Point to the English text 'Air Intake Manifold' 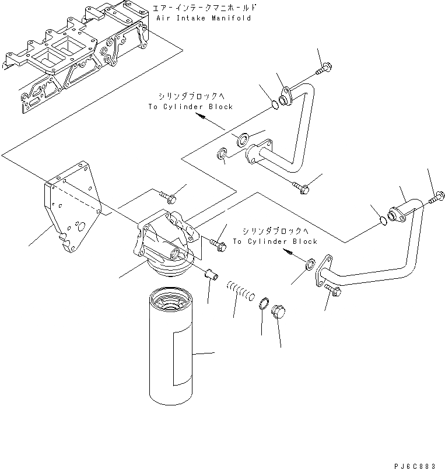point(204,18)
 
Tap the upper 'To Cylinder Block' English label point(190,107)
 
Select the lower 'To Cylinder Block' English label point(275,242)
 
